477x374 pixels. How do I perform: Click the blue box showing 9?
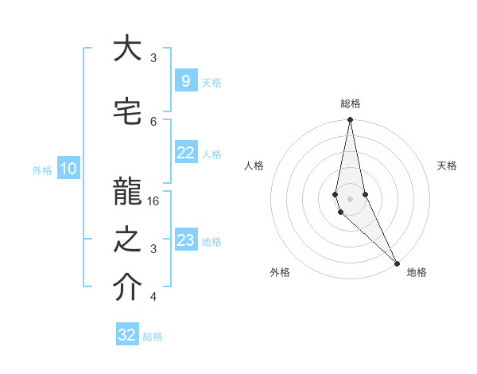point(185,81)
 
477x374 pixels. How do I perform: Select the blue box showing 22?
point(185,153)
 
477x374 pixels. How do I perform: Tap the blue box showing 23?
point(185,240)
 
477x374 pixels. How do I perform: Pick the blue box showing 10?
point(68,169)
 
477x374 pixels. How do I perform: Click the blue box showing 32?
point(127,335)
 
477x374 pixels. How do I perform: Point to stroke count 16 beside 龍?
point(154,201)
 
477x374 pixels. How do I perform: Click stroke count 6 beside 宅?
point(153,121)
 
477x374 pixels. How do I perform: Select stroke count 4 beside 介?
point(153,297)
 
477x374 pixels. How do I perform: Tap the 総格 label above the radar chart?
point(351,103)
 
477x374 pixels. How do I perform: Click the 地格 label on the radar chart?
point(417,272)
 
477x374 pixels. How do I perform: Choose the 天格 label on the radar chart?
point(447,166)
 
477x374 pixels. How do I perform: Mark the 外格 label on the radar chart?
point(280,272)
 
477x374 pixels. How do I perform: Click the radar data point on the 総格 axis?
point(350,120)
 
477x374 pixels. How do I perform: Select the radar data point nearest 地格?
point(396,263)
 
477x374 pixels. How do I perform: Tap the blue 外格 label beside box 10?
point(41,169)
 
